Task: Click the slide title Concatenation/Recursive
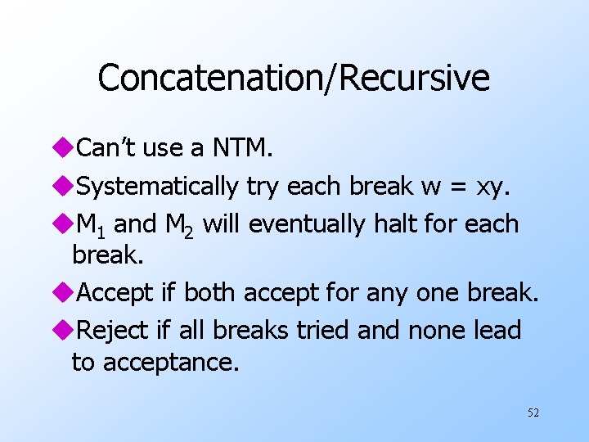[294, 79]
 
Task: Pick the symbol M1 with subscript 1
[89, 224]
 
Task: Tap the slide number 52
[533, 413]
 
